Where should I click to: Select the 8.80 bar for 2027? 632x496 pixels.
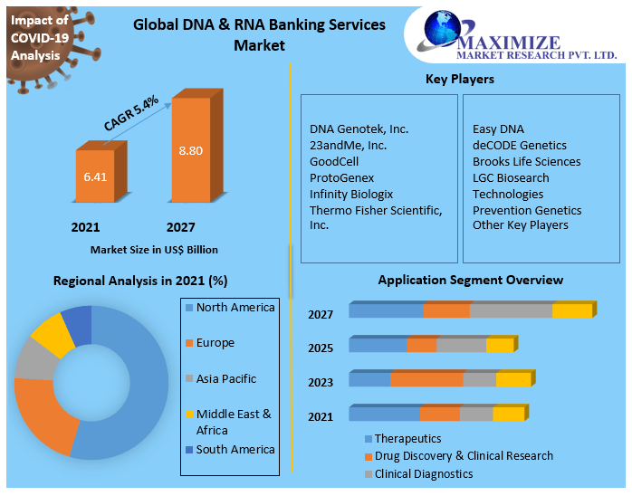190,149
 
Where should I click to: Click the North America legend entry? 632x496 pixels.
235,308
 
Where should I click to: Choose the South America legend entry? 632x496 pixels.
235,450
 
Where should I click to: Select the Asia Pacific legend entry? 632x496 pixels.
225,379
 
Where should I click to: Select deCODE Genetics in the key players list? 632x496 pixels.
519,146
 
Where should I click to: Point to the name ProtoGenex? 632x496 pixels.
341,178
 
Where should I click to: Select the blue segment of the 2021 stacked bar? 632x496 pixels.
384,415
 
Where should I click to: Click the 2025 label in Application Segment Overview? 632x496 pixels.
321,348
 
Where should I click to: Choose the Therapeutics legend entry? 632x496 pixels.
407,439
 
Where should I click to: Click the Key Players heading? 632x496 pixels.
460,80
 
